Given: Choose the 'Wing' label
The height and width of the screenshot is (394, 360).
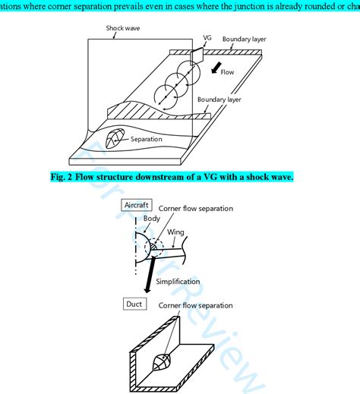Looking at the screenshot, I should pyautogui.click(x=175, y=232).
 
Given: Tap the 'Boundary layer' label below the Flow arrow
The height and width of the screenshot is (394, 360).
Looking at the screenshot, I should pyautogui.click(x=220, y=99).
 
